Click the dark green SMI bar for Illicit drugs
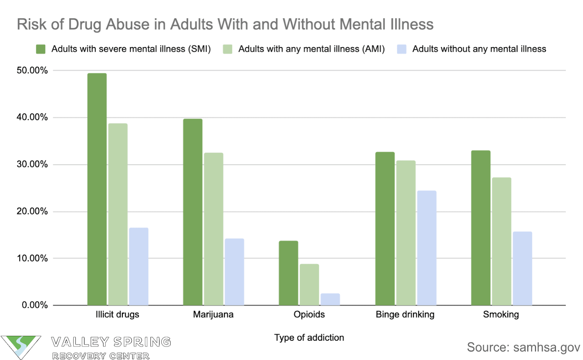(x=97, y=189)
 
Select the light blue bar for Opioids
(x=330, y=299)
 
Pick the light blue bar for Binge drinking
(x=427, y=248)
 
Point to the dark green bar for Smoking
(x=481, y=228)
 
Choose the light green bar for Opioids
(x=309, y=285)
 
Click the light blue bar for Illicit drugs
(x=138, y=266)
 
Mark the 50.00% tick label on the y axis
(x=32, y=70)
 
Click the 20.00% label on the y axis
(x=32, y=211)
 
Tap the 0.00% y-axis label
(x=35, y=305)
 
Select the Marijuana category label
(x=213, y=314)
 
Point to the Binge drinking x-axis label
(x=405, y=314)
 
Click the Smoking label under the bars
(x=501, y=314)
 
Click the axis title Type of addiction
(x=309, y=338)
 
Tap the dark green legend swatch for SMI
(x=41, y=49)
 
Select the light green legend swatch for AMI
(x=228, y=49)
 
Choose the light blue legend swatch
(x=402, y=49)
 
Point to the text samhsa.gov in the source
(x=546, y=348)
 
